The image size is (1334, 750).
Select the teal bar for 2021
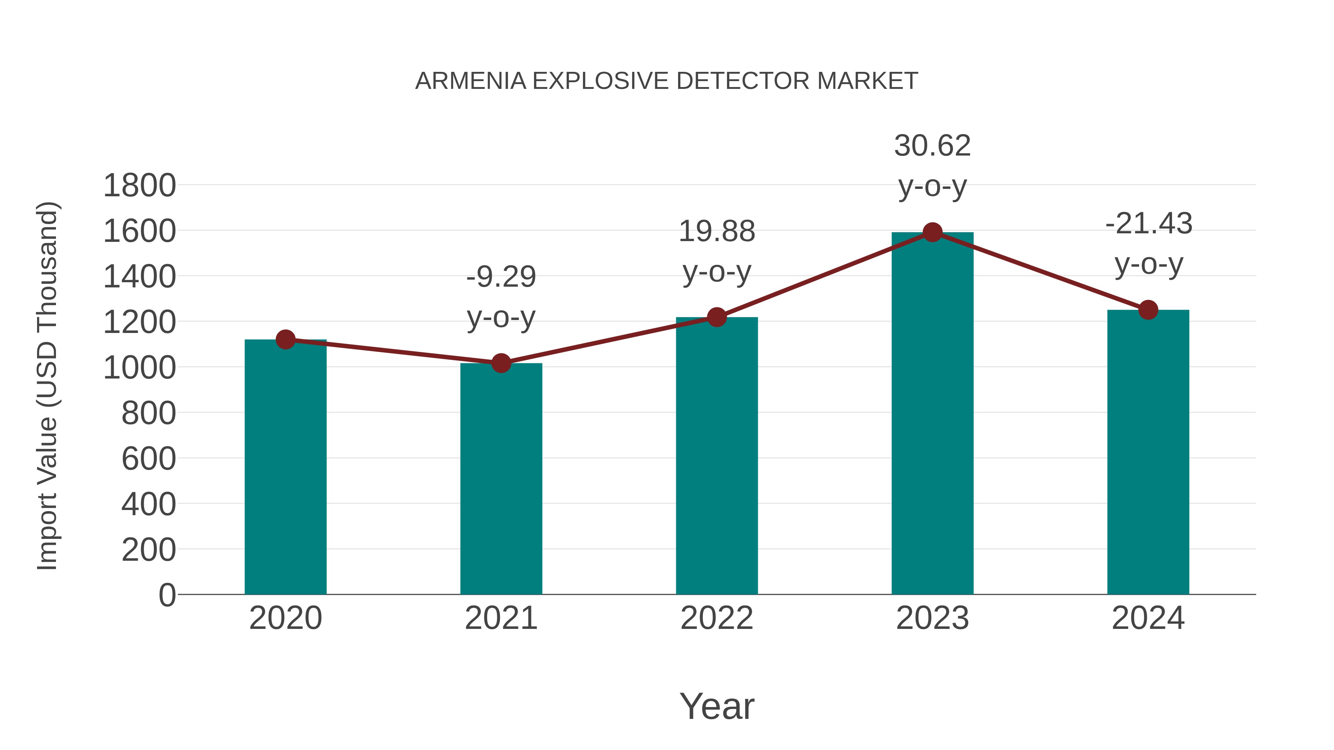(x=501, y=479)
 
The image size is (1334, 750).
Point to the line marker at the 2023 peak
(x=932, y=232)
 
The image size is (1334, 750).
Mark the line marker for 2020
(x=285, y=340)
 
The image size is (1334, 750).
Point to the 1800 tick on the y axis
(x=139, y=186)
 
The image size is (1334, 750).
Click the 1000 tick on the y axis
(x=139, y=368)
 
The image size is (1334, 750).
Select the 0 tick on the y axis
(x=167, y=595)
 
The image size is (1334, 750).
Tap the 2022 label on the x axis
(x=717, y=618)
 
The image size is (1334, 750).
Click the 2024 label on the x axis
(x=1148, y=618)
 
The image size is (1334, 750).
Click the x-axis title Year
(x=717, y=706)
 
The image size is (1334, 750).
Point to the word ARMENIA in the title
(x=470, y=81)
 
